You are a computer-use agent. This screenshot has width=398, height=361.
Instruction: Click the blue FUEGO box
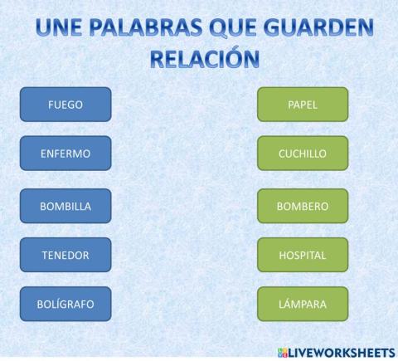coord(66,105)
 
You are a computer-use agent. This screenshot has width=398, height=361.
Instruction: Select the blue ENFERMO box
coord(66,154)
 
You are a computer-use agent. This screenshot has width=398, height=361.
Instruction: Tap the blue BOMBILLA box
coord(66,206)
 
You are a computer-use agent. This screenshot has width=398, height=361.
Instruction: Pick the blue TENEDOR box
coord(66,255)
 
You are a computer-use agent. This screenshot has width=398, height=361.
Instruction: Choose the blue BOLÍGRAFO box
coord(66,304)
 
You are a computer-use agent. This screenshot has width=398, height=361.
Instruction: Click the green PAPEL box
coord(303,105)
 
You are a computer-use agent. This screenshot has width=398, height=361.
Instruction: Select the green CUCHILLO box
coord(303,154)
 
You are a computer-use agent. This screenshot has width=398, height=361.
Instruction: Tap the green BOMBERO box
coord(303,206)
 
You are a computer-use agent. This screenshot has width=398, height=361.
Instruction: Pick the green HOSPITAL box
coord(303,255)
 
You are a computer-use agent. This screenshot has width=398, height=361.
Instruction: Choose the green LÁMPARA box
coord(303,304)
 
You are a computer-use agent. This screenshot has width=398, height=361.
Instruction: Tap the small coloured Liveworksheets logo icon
coord(282,351)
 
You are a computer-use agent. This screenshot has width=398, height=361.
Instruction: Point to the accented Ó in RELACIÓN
coord(235,57)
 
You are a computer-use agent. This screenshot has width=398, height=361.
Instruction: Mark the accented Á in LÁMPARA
coord(288,304)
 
